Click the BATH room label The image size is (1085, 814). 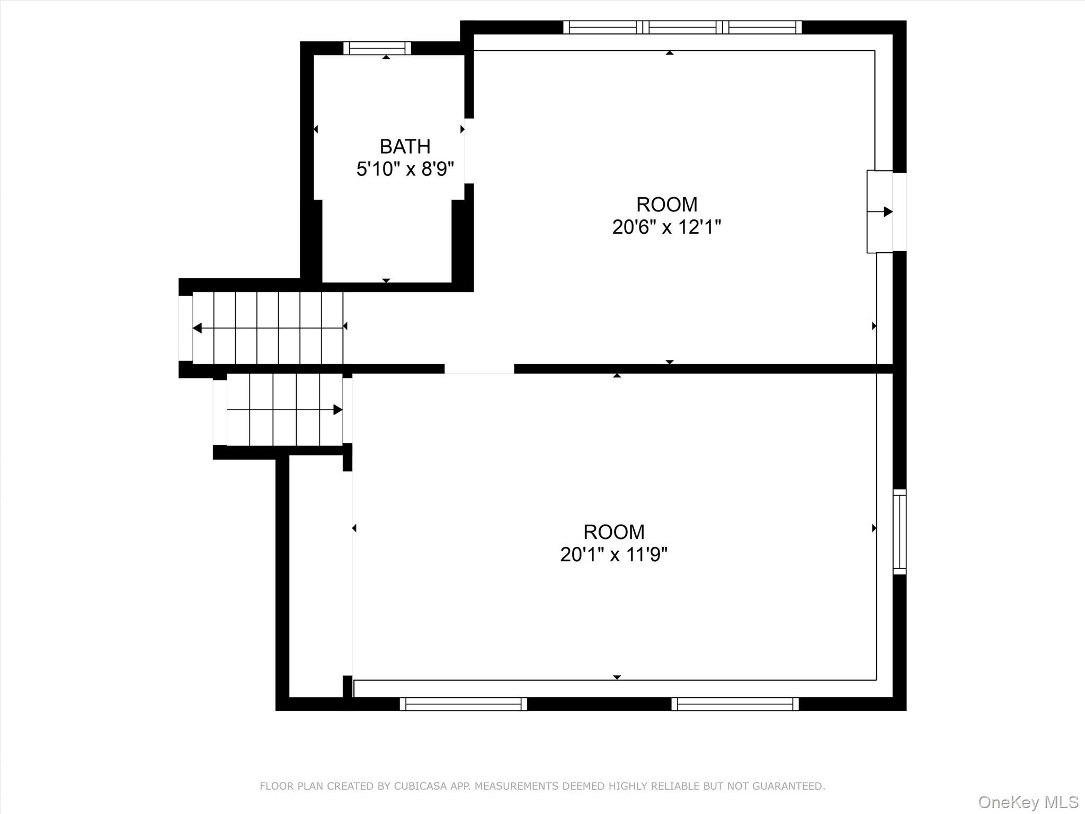coord(405,146)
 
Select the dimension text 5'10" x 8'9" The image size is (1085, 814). coord(405,170)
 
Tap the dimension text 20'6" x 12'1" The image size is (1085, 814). coord(666,227)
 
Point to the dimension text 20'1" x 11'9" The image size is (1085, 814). coord(613,555)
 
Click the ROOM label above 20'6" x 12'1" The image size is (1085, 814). coord(666,205)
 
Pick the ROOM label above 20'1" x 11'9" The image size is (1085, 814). coord(613,532)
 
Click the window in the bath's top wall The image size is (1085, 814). coord(377,48)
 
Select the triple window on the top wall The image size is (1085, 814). coord(682,27)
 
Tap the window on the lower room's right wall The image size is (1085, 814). coord(900,532)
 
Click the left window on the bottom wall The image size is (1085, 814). coord(464,704)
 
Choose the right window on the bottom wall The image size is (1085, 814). coord(735,704)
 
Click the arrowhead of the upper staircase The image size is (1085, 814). coord(197,328)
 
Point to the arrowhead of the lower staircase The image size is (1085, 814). coord(337,410)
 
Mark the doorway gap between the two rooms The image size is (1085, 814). coord(479,369)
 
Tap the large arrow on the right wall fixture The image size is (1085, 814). coord(887,212)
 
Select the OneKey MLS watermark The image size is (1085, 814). coord(1028,802)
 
